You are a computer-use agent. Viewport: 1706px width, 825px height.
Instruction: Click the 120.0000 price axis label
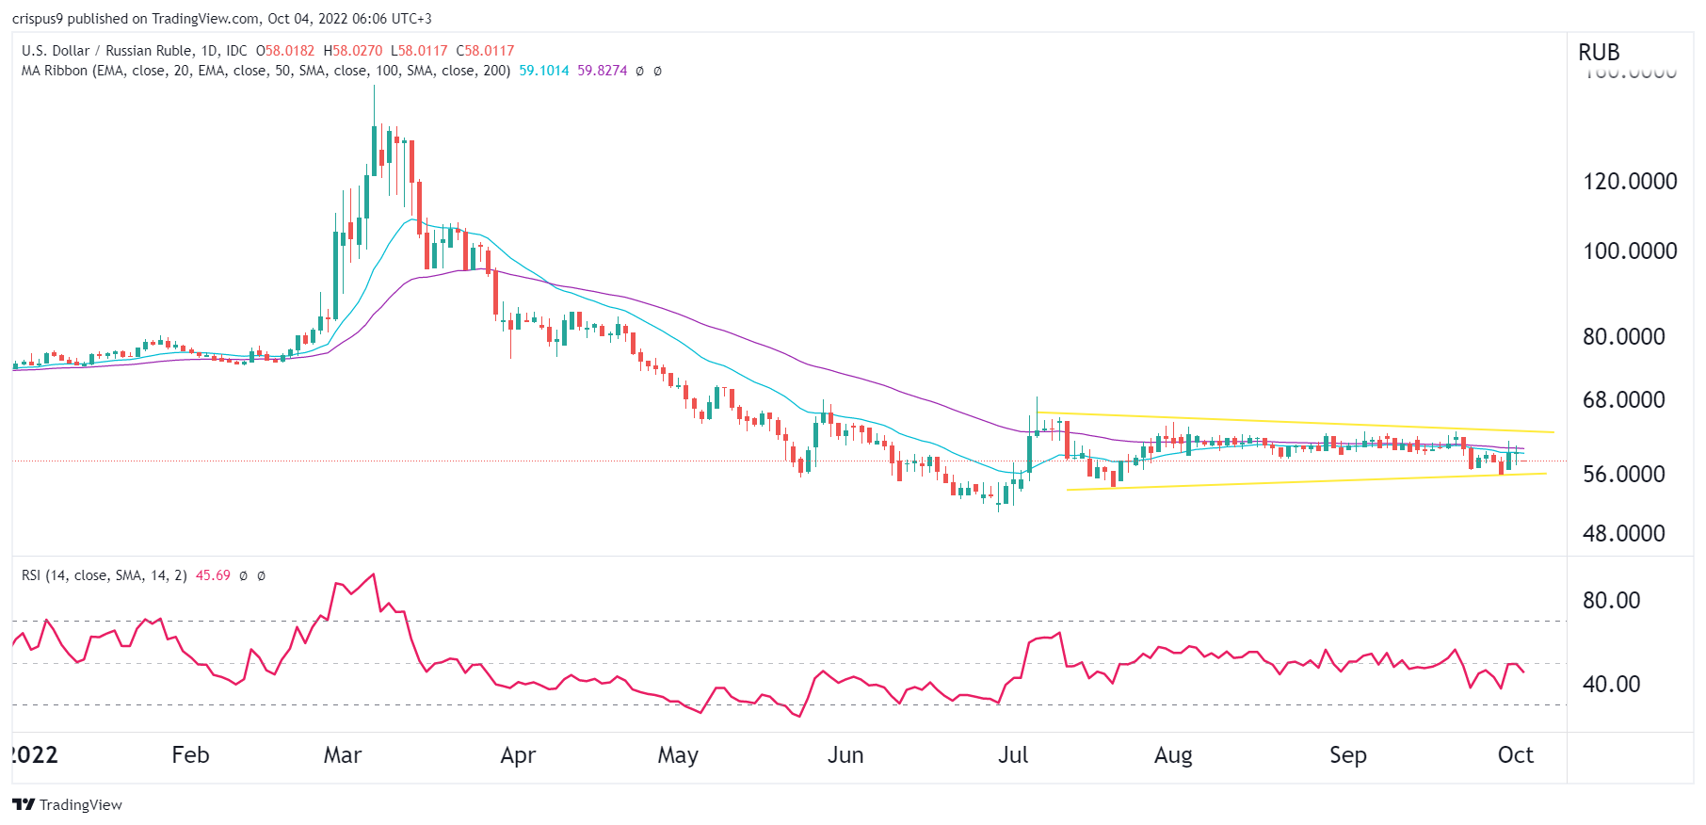[1630, 181]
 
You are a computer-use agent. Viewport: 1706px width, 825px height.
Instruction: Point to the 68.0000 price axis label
[1623, 399]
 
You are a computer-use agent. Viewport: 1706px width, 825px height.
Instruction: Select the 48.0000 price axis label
[1623, 533]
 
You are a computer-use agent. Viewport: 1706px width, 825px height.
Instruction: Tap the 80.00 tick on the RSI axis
[1611, 600]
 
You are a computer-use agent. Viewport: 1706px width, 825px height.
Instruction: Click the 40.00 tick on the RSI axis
[1611, 684]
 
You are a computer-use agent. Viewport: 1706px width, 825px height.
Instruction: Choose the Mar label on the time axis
[342, 755]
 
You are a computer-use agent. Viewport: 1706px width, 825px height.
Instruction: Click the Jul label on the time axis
[1013, 755]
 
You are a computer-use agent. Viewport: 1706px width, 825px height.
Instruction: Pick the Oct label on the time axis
[1515, 755]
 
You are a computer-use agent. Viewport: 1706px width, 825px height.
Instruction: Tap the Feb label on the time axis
[190, 755]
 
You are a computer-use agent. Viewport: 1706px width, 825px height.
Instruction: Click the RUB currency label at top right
[1599, 53]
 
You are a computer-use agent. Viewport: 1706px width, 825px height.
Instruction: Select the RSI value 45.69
[213, 575]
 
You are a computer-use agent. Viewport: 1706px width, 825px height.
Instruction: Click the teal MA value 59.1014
[544, 71]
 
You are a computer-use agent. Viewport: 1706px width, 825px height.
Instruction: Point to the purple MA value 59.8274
[603, 71]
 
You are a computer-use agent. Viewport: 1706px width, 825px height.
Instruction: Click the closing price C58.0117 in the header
[485, 51]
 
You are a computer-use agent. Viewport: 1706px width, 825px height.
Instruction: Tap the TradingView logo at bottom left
[67, 804]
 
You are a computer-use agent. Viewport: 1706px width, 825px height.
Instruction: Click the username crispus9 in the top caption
[37, 19]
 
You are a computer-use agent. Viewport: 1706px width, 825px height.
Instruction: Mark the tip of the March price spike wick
[374, 86]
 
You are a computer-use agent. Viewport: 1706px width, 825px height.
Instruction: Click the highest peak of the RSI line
[374, 574]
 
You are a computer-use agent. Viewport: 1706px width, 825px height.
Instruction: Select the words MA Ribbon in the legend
[54, 71]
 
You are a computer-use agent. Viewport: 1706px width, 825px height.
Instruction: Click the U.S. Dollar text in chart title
[56, 51]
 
